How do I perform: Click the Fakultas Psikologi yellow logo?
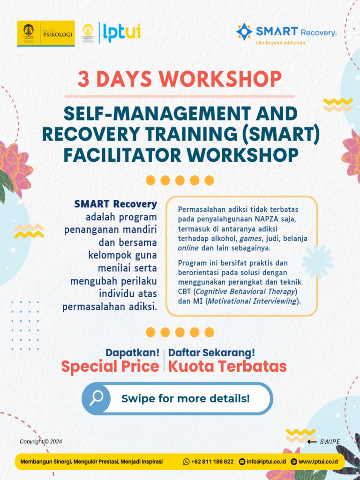(46, 33)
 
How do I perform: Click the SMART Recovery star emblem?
(244, 31)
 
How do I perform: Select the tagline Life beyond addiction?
(280, 43)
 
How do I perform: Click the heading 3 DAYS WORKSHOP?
(180, 79)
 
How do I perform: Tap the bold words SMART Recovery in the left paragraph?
(115, 204)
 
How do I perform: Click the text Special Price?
(110, 367)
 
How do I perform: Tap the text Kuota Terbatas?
(227, 367)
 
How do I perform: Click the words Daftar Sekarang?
(212, 352)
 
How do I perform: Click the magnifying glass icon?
(96, 398)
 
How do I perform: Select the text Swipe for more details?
(186, 399)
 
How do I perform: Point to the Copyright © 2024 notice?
(41, 442)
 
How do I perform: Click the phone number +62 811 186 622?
(212, 462)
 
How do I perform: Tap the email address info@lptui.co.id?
(266, 462)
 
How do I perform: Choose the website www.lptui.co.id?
(318, 462)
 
